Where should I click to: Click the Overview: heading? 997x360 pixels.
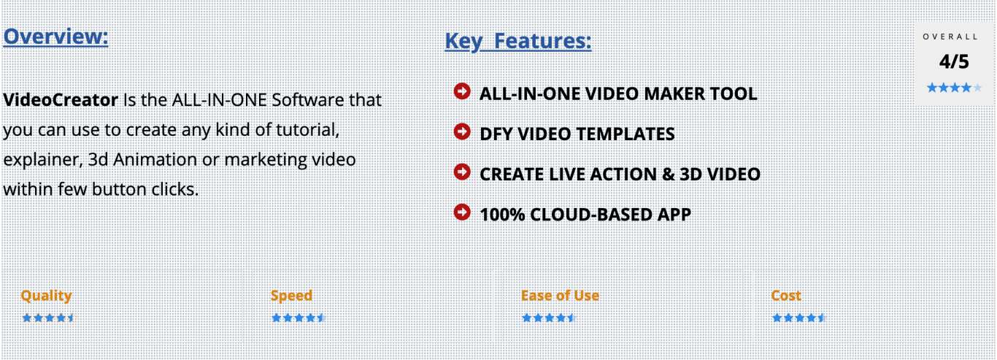[55, 37]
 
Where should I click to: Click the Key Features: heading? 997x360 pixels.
[518, 42]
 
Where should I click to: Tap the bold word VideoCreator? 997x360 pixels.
[61, 100]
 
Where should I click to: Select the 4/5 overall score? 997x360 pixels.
[954, 61]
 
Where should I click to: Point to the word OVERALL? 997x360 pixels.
[950, 37]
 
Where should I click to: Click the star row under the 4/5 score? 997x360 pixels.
[954, 88]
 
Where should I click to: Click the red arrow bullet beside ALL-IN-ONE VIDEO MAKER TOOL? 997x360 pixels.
[462, 91]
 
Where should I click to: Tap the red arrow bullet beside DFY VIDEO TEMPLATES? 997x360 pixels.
[462, 131]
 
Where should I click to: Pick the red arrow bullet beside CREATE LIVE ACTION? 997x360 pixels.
[462, 172]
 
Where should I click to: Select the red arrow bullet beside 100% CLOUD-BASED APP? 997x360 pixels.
[462, 212]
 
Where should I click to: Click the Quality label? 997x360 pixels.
[46, 296]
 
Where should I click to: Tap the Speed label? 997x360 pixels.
[291, 296]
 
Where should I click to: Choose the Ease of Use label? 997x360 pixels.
[560, 296]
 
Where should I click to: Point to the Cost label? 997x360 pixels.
[786, 296]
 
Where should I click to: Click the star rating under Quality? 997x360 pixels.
[48, 318]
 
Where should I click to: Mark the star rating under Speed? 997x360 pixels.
[299, 318]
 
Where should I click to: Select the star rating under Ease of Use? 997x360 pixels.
[549, 318]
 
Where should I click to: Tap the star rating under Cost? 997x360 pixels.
[799, 318]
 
